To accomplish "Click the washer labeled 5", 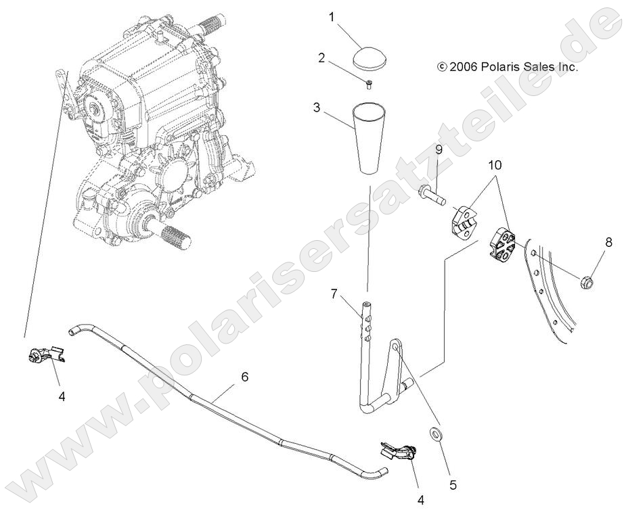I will coord(435,432).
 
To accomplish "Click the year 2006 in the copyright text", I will coord(464,67).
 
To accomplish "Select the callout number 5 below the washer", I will coord(453,484).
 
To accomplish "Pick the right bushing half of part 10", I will coord(502,244).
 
